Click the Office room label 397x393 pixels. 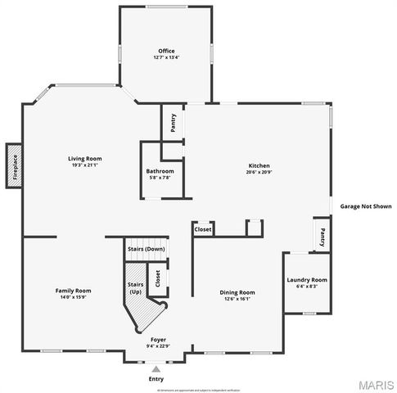point(166,52)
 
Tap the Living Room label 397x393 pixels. point(84,158)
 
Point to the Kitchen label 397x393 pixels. point(259,166)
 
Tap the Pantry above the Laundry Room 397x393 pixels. point(322,237)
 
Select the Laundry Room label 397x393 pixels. point(307,280)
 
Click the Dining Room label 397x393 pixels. point(237,292)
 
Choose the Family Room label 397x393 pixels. point(73,291)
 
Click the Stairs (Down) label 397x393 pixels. point(146,248)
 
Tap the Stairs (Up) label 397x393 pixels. point(135,287)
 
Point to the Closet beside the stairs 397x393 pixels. point(157,279)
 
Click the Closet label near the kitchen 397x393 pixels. point(203,230)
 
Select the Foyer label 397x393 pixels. point(159,338)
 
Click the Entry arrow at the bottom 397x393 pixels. point(156,369)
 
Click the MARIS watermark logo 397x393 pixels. point(376,384)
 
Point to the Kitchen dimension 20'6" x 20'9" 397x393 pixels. point(259,172)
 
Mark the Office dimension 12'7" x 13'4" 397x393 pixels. point(166,57)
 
